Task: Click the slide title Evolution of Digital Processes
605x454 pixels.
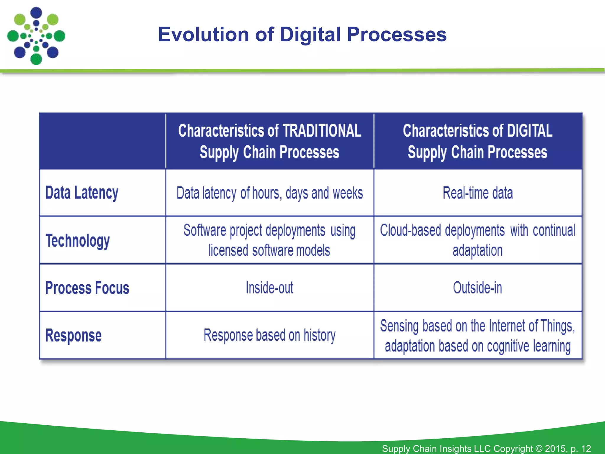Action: (302, 34)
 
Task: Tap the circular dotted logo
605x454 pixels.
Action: (36, 36)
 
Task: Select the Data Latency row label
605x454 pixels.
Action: (82, 193)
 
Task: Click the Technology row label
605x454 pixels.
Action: (78, 241)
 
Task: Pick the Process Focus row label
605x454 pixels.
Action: (87, 288)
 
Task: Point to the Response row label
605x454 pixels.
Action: (73, 335)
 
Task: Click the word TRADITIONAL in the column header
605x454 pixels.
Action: (322, 131)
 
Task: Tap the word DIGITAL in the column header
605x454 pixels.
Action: (529, 131)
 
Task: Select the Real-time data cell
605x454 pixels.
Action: (477, 193)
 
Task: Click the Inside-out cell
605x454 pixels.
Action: (269, 288)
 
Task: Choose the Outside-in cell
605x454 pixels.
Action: (477, 288)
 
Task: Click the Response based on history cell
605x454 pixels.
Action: (269, 335)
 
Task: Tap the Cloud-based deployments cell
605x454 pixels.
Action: (477, 240)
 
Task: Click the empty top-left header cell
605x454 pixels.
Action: (103, 141)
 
